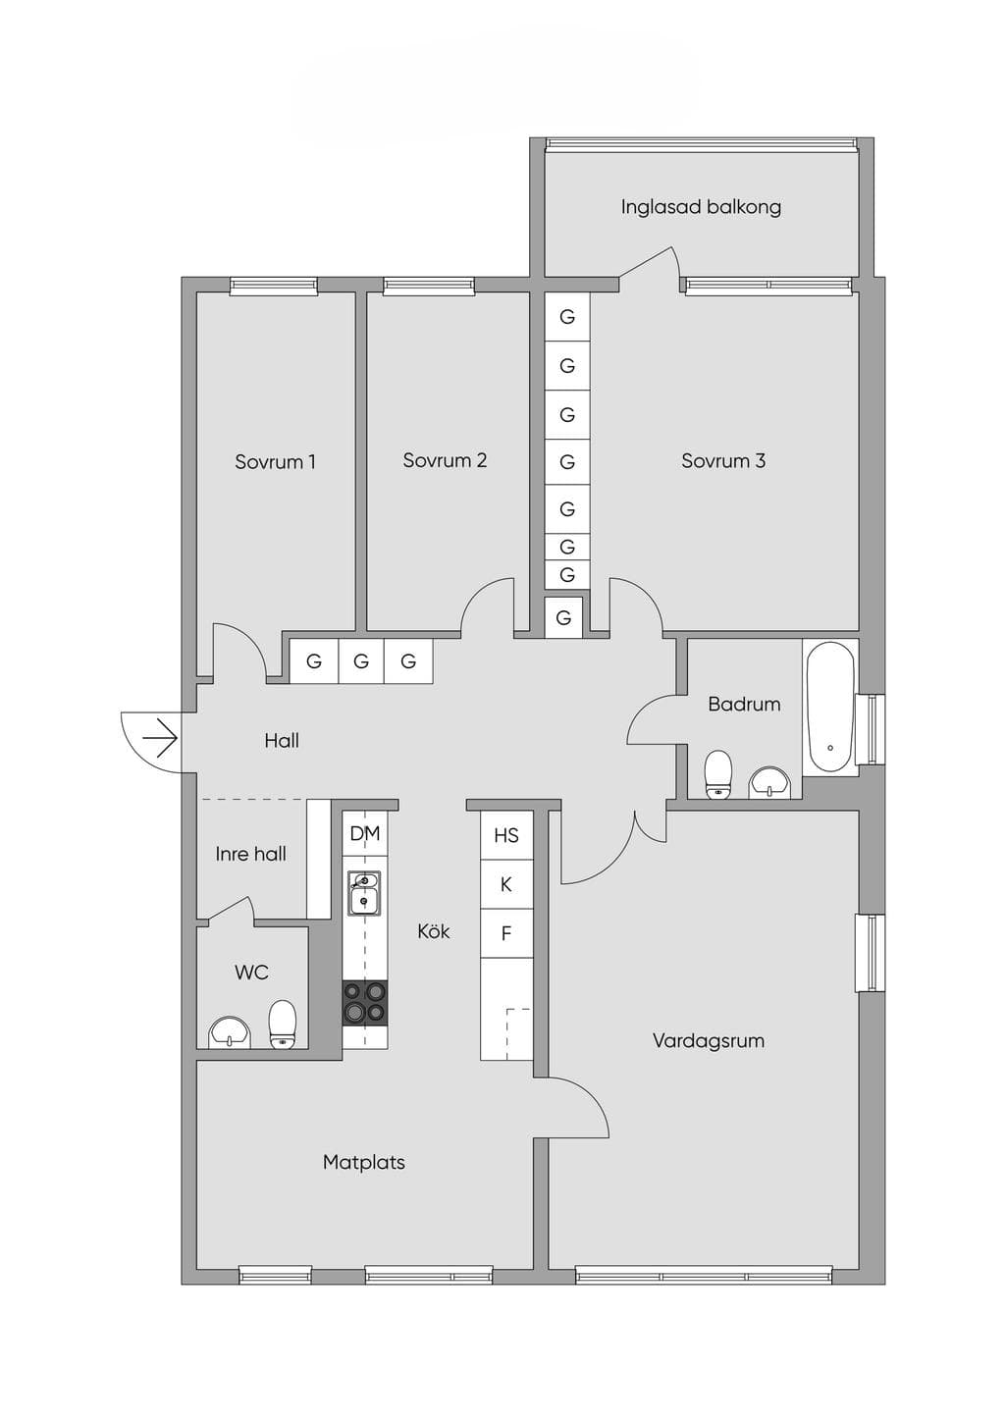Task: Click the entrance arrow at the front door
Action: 159,739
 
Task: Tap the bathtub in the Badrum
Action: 830,707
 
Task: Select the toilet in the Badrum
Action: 718,774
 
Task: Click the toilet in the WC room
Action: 283,1025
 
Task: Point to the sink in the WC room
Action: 230,1032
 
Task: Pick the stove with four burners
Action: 365,1002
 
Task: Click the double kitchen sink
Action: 364,893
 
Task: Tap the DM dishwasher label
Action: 365,833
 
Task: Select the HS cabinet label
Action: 506,835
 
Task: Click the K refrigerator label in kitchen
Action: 506,884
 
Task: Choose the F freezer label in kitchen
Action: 506,933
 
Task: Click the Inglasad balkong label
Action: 701,207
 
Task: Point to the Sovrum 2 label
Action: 445,460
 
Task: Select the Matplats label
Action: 363,1163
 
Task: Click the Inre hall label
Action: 250,854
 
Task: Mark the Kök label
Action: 434,931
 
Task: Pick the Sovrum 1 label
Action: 276,461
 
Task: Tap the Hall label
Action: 282,740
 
